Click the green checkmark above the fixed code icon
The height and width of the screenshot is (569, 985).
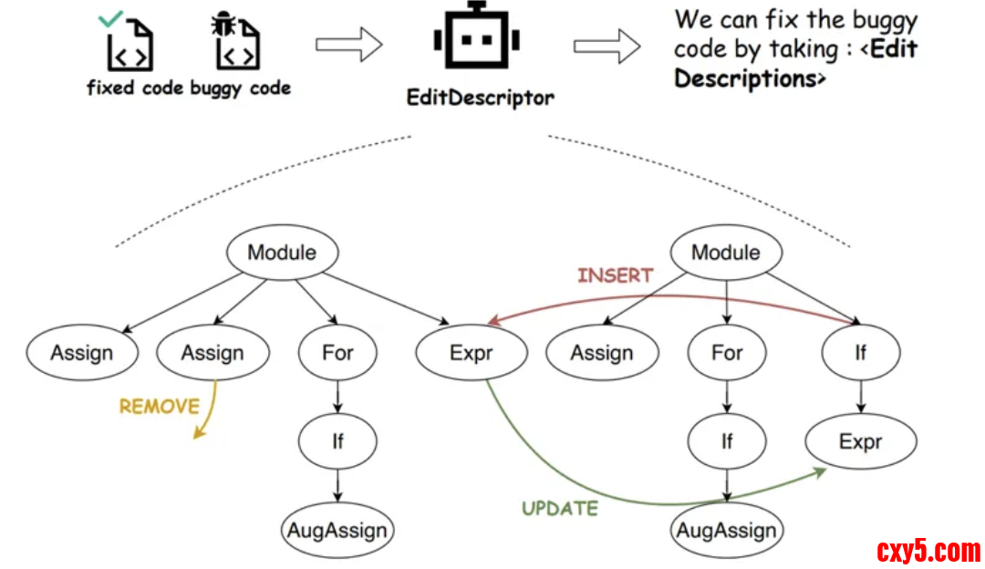click(x=110, y=17)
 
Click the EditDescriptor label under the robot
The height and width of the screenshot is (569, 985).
click(x=480, y=97)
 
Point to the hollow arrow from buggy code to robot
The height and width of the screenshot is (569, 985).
click(x=348, y=45)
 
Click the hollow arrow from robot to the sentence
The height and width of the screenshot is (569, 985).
click(x=607, y=45)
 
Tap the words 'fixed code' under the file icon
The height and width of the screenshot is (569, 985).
click(x=135, y=88)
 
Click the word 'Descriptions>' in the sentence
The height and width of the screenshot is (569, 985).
click(x=750, y=78)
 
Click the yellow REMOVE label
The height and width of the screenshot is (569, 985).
click(x=159, y=407)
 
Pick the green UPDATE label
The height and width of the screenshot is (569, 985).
click(x=560, y=509)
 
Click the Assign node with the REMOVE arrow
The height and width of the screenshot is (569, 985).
click(x=213, y=353)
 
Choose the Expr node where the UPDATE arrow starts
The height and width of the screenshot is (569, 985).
click(x=471, y=353)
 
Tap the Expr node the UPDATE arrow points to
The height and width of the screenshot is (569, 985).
click(x=860, y=442)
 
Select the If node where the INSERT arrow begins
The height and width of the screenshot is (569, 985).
click(x=860, y=352)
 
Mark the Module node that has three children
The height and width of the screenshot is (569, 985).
click(x=725, y=253)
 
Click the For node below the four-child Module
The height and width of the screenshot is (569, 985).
click(x=337, y=353)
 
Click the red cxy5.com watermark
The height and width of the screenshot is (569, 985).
click(x=928, y=551)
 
